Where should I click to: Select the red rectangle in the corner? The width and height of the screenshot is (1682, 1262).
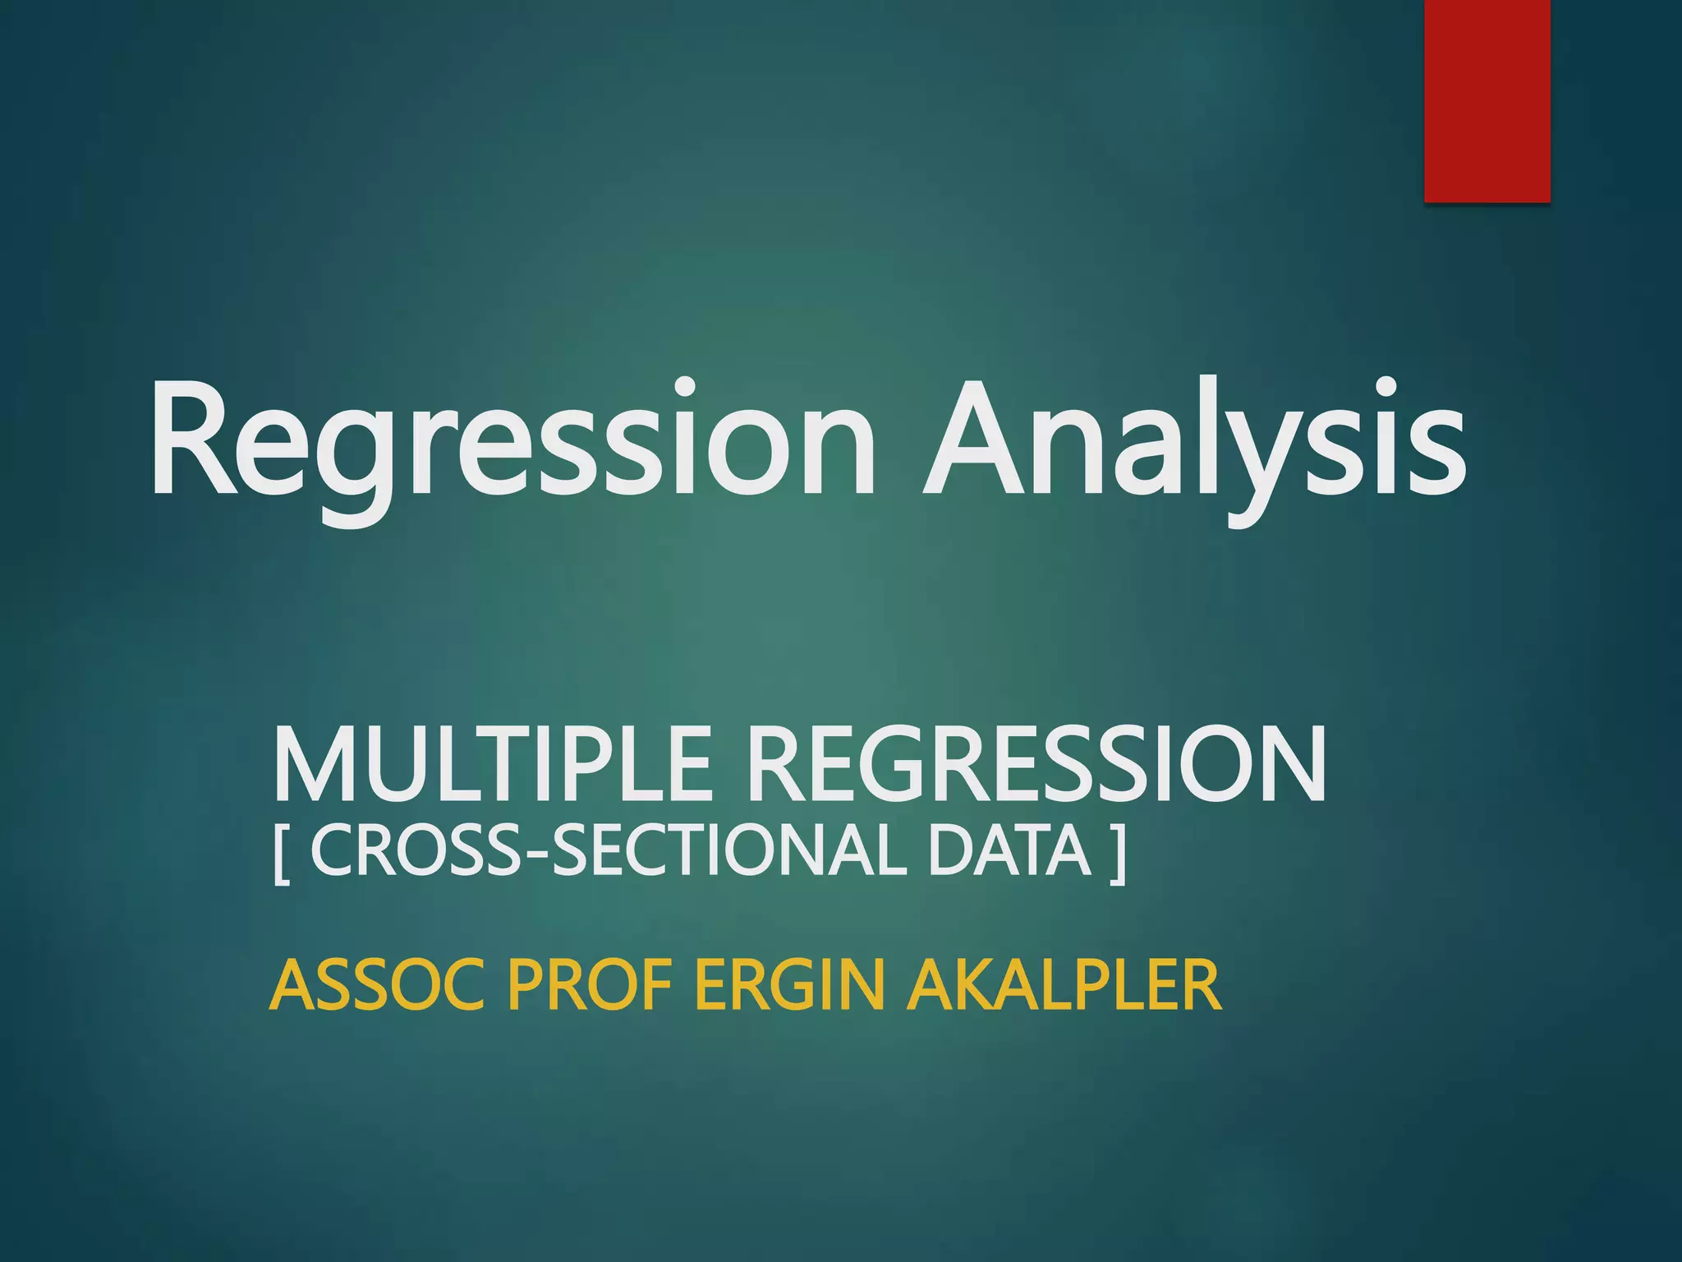click(x=1487, y=100)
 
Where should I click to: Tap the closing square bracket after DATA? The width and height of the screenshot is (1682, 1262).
click(x=1116, y=854)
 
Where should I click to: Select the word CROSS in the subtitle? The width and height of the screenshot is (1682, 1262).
click(x=416, y=852)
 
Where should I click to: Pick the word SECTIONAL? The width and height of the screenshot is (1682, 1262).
click(x=732, y=852)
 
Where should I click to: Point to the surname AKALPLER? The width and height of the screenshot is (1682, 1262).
click(x=1064, y=985)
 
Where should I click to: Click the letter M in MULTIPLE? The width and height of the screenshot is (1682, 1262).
click(x=312, y=764)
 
